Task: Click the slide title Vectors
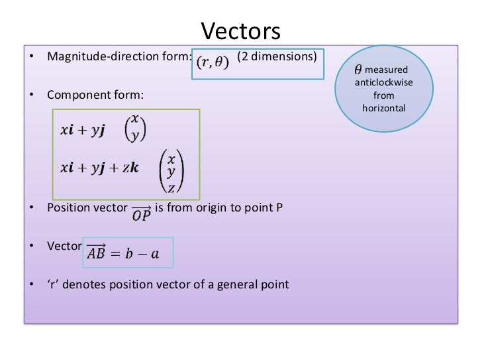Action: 241,31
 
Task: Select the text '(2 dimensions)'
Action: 277,56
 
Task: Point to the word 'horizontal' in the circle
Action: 384,107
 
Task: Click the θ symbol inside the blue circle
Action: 358,69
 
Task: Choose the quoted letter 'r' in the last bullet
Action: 53,285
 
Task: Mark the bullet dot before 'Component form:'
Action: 31,97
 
